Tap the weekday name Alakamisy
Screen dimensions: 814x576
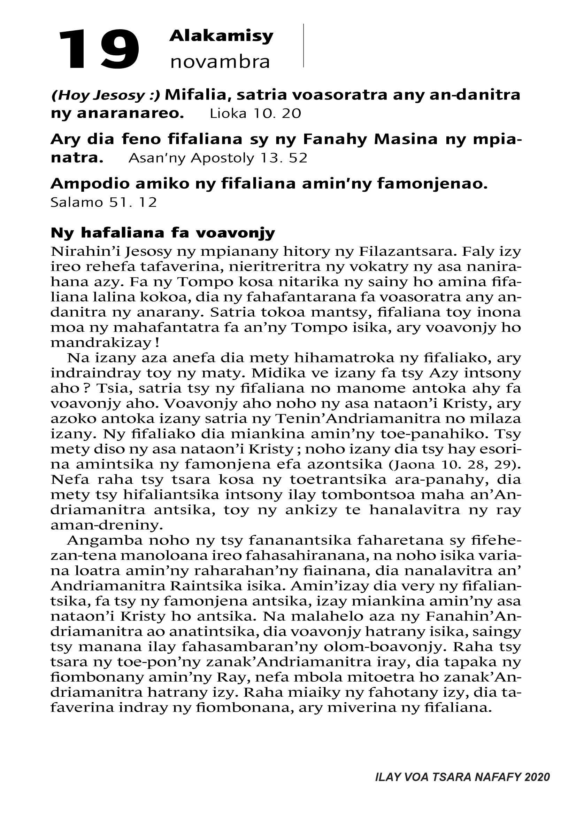coord(221,36)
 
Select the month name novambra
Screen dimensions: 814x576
coord(220,62)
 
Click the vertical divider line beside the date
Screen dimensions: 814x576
coord(304,45)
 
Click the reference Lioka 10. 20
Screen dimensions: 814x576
coord(255,113)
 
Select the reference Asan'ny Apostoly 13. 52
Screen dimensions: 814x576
coord(217,158)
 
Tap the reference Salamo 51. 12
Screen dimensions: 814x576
coord(103,203)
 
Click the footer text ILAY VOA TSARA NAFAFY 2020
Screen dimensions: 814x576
coord(462,777)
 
